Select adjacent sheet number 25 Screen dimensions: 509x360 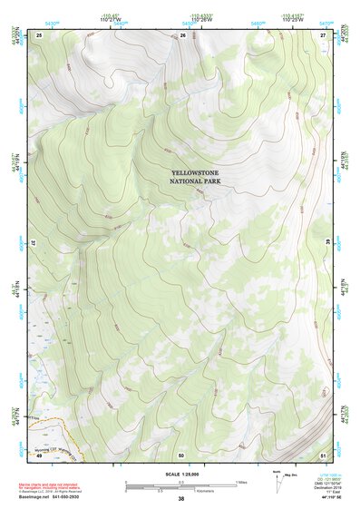point(40,34)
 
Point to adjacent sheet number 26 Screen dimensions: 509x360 point(182,34)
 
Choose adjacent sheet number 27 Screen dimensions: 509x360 point(323,34)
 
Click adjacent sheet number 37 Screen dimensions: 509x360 point(34,244)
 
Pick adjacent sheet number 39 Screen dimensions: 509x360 point(328,244)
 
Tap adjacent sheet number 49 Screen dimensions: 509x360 point(40,455)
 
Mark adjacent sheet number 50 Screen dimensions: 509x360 point(181,455)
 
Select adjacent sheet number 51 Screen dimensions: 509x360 point(323,455)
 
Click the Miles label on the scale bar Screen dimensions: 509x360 point(240,482)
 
